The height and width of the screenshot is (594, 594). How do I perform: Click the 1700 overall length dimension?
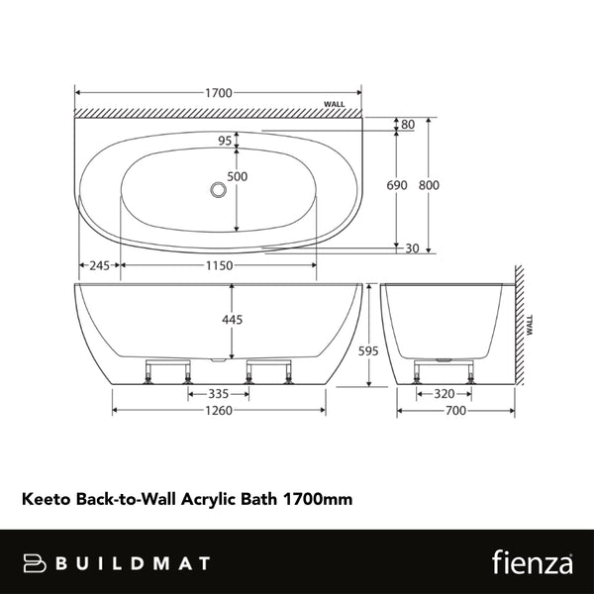[x=219, y=93]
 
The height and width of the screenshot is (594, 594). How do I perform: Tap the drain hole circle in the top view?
[x=217, y=187]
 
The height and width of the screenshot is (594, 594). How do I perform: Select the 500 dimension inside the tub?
[x=238, y=177]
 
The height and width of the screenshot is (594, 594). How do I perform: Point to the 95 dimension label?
[x=226, y=141]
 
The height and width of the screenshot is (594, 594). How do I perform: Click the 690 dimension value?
[x=397, y=185]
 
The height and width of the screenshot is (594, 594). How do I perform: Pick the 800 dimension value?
[x=428, y=185]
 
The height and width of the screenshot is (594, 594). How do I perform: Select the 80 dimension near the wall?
[x=408, y=125]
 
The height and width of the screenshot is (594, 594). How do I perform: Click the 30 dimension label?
[x=412, y=248]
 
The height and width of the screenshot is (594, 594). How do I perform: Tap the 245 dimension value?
[x=99, y=265]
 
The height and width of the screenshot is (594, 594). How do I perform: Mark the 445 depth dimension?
[x=232, y=320]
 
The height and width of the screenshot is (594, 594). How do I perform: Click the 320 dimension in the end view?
[x=445, y=393]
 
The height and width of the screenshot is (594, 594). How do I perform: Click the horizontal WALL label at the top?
[x=336, y=104]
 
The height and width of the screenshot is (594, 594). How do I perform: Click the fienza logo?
[x=530, y=562]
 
